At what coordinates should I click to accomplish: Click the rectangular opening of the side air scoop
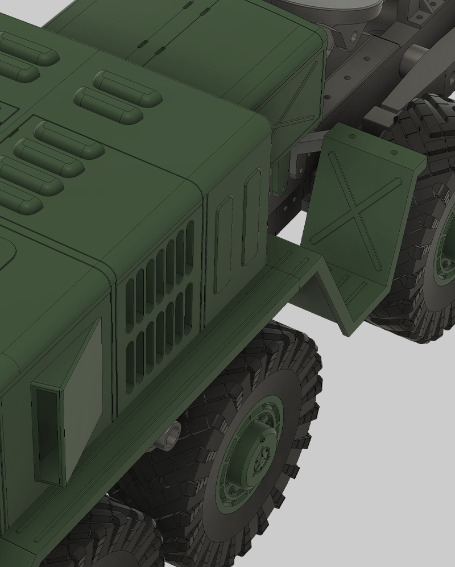tap(47, 432)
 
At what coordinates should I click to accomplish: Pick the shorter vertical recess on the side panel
tap(223, 245)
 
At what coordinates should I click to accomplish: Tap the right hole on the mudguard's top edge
tap(393, 152)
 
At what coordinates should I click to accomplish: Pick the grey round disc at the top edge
tap(327, 7)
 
